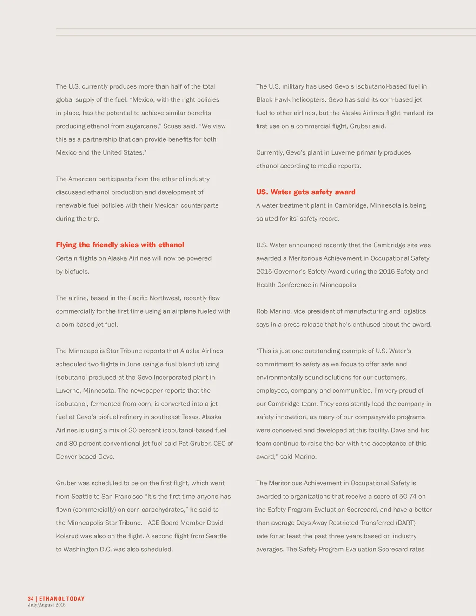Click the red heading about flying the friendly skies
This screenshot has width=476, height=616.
[x=120, y=245]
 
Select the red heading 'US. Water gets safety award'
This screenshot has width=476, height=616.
[x=305, y=192]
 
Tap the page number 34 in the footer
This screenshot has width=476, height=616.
[x=31, y=599]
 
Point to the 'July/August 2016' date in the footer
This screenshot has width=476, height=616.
[x=46, y=605]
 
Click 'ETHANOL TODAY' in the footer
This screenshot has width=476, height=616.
[x=62, y=599]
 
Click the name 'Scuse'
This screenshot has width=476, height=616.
[x=172, y=126]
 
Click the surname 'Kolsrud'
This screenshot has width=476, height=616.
[x=67, y=536]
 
